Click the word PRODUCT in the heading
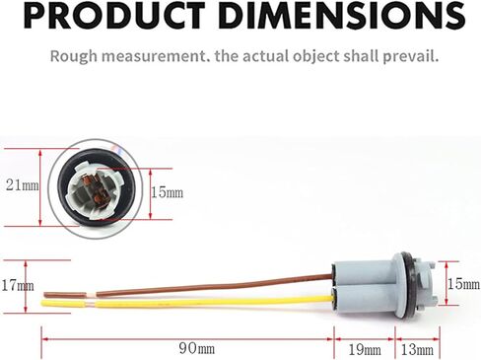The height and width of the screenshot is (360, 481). click(x=113, y=16)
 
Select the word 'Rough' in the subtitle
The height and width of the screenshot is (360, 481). click(x=74, y=56)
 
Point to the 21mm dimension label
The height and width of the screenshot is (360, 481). click(x=23, y=185)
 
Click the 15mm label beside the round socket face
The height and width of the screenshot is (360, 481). click(x=167, y=192)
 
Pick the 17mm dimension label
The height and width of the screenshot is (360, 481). click(x=18, y=285)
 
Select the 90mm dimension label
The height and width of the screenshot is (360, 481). click(x=197, y=348)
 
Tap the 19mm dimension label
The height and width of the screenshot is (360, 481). click(x=365, y=350)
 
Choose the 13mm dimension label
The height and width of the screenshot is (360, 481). click(x=417, y=350)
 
